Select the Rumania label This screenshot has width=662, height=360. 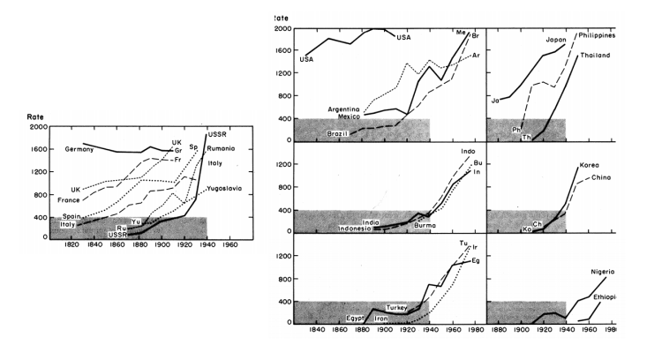(222, 147)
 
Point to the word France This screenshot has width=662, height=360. (70, 200)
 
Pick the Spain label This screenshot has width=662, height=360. (71, 216)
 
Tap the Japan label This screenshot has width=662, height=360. (556, 40)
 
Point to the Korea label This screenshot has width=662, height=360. (589, 166)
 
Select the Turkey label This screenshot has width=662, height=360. (398, 308)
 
